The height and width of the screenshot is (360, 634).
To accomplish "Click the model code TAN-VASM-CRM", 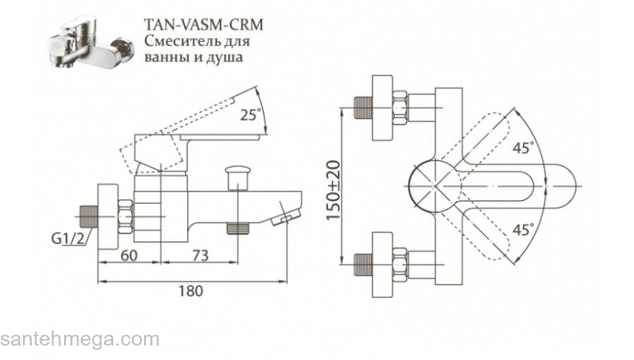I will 204,24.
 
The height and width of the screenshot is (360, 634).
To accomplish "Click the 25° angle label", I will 251,114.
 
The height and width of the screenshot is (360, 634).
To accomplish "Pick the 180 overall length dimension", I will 189,291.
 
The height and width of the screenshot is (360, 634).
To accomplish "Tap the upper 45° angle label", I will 524,148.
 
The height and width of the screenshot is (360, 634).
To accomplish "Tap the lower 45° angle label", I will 524,230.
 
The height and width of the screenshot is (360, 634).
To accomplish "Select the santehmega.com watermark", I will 79,339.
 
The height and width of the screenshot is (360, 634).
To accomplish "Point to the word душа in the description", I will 226,56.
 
